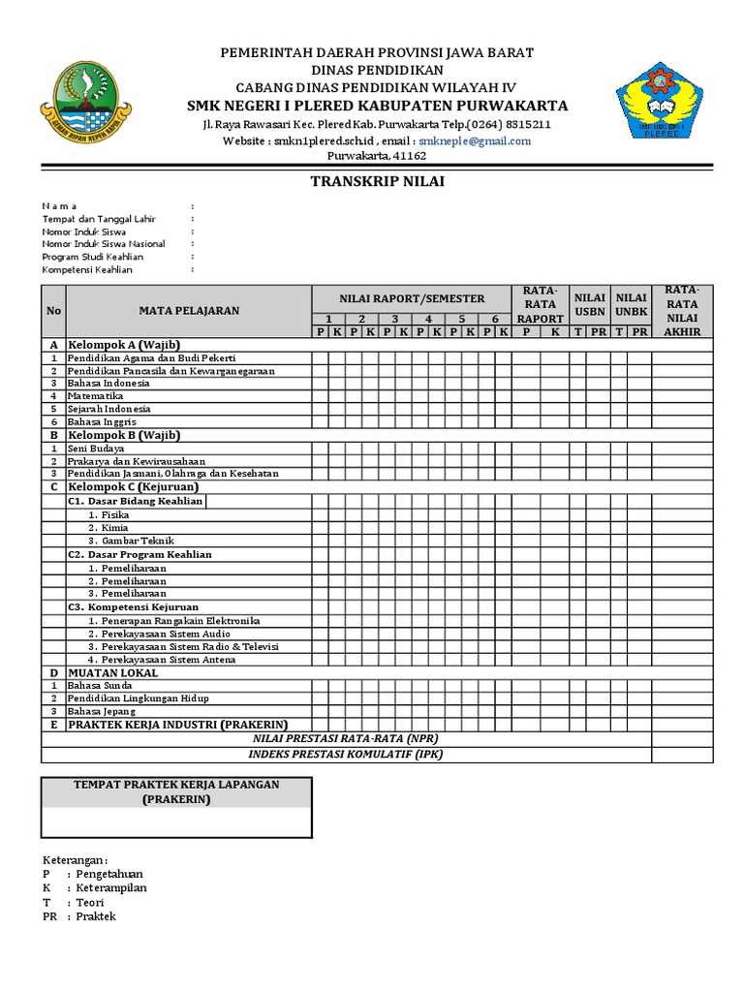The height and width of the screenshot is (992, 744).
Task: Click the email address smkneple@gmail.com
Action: coord(475,140)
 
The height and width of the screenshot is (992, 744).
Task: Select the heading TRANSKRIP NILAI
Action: coord(377,181)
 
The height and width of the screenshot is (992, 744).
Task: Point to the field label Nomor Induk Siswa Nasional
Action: coord(104,244)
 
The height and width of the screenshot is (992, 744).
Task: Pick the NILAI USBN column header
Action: coord(589,304)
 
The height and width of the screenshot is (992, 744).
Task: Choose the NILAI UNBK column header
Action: coord(631,304)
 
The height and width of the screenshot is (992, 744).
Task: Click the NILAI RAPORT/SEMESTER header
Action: coord(412,298)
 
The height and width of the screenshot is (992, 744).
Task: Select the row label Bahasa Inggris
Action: coord(102,422)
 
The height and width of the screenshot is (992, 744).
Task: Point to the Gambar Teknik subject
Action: coord(127,541)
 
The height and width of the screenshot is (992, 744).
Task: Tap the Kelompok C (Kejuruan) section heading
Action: coord(133,487)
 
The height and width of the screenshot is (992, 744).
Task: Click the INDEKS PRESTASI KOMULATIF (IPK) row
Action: coord(346,754)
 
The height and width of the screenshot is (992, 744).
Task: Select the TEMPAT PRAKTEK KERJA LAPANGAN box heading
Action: coord(176,791)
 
